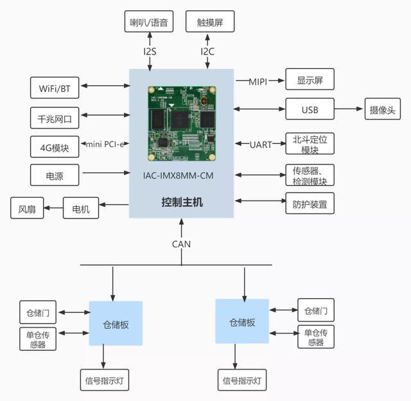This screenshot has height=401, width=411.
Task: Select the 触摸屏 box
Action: point(210,23)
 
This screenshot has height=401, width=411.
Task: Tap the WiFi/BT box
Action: point(55,87)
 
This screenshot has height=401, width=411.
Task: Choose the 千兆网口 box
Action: point(55,118)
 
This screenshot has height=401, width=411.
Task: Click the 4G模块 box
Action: point(55,145)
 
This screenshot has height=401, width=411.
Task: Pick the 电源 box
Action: point(55,174)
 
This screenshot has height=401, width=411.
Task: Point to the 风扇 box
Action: point(27,208)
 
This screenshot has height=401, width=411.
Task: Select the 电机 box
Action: point(80,208)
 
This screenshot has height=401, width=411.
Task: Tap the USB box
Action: point(310,110)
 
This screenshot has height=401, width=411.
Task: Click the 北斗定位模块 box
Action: point(310,145)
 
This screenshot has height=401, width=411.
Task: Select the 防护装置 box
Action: point(310,205)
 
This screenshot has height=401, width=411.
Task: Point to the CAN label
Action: point(181,244)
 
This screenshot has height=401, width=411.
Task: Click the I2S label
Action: point(150,51)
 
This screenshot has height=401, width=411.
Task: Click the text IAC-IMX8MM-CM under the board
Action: point(180,175)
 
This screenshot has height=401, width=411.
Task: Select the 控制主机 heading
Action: point(182,202)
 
